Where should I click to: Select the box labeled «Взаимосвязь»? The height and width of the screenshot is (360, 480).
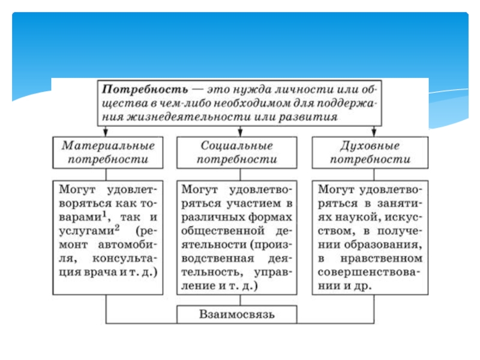tap(237, 314)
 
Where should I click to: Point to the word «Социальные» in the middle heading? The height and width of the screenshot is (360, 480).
tap(237, 146)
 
